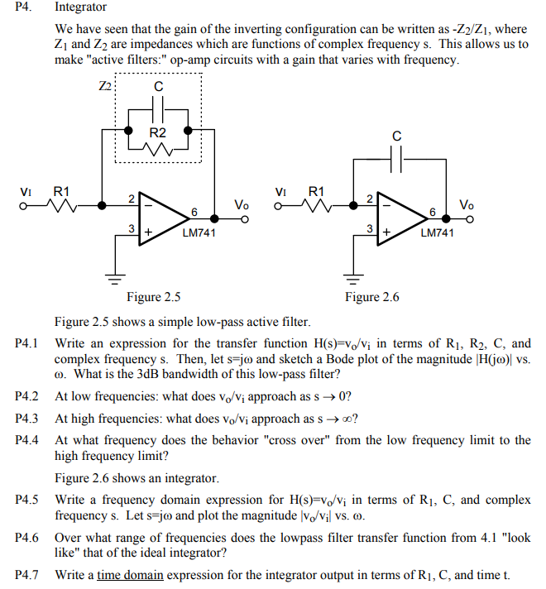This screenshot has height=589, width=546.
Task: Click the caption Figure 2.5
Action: (x=153, y=297)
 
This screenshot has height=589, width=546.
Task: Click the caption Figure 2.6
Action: (x=372, y=297)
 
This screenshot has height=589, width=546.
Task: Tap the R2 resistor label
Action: (x=158, y=132)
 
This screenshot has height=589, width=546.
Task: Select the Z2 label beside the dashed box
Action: (x=104, y=86)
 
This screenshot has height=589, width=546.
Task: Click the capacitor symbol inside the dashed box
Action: (x=158, y=108)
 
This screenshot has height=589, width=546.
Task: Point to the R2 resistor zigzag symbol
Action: (x=158, y=148)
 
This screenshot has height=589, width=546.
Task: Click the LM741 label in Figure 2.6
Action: (x=437, y=232)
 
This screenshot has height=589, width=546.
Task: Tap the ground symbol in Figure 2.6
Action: (x=353, y=275)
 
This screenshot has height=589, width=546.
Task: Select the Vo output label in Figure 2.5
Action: (x=241, y=204)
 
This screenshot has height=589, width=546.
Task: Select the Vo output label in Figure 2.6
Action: (x=467, y=204)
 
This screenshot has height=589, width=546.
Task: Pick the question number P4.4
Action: (x=27, y=440)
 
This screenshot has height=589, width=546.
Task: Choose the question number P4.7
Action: (x=27, y=575)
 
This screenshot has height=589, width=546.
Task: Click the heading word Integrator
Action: (x=80, y=7)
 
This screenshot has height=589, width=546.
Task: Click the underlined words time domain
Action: (x=130, y=575)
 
